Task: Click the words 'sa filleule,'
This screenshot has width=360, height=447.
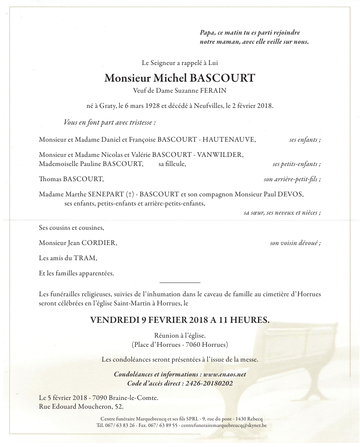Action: coord(173,164)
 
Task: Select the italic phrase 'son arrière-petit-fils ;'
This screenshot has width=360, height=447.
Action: coord(292,179)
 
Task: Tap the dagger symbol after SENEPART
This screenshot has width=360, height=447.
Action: coord(130,194)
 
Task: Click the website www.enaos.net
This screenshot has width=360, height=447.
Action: coord(225,374)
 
